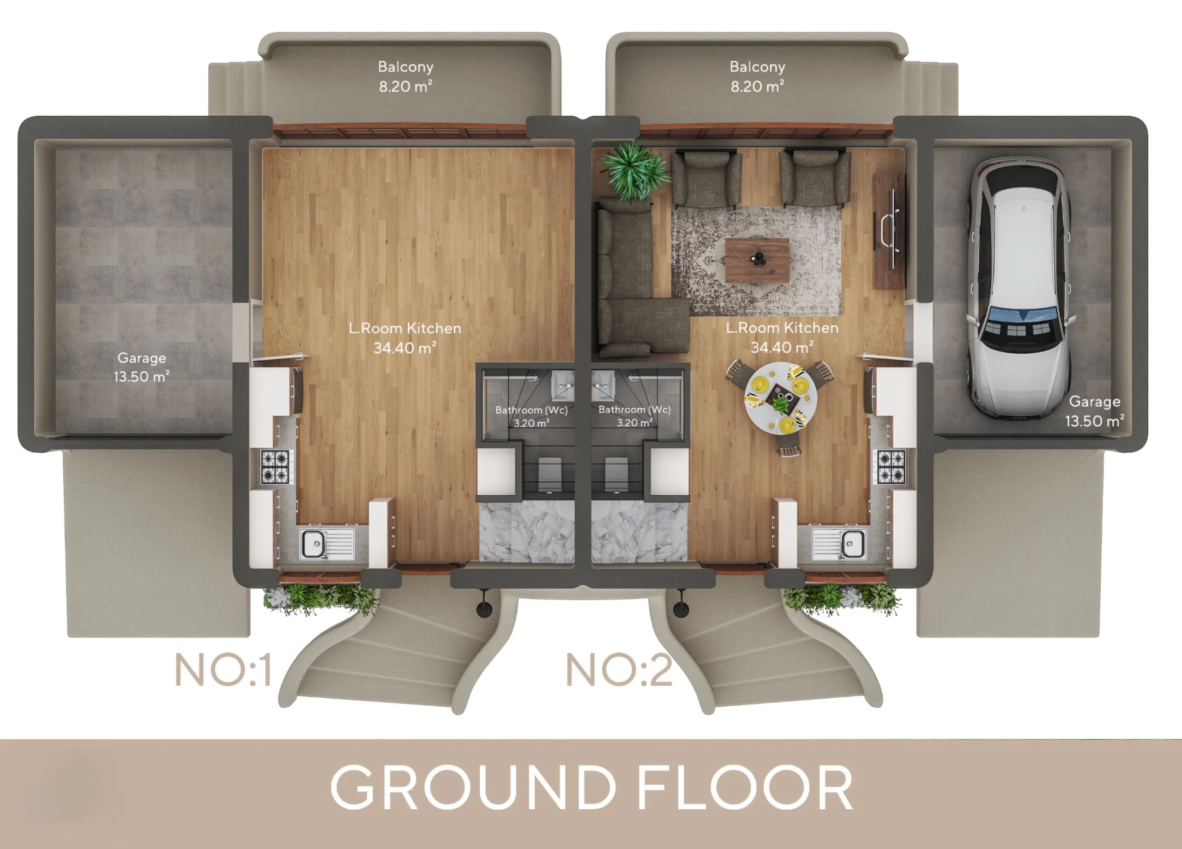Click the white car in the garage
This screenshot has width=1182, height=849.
[1019, 287]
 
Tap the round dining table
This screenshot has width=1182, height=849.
[780, 397]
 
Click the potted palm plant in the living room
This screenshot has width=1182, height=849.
[634, 170]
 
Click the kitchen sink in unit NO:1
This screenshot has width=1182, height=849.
[327, 543]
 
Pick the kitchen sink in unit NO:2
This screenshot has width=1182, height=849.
[839, 543]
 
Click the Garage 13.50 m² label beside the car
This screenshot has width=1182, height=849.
[1094, 411]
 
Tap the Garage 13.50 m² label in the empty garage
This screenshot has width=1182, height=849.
[142, 367]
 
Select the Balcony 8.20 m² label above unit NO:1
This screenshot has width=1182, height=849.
[405, 77]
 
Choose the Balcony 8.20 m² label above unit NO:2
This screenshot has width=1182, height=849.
[757, 77]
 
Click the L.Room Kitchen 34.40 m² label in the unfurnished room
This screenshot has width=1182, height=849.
[405, 338]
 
